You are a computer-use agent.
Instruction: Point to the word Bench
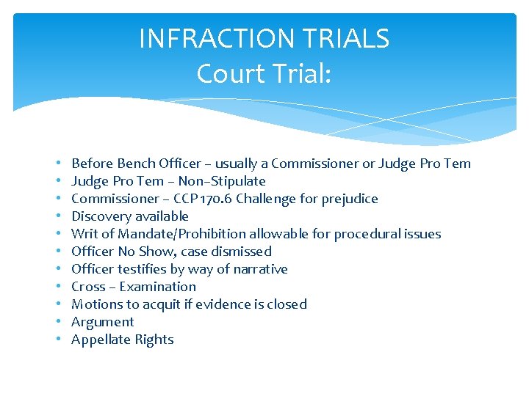pos(137,164)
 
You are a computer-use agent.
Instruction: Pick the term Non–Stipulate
pos(223,181)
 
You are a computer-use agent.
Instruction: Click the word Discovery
pos(100,216)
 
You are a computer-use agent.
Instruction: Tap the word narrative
pos(258,269)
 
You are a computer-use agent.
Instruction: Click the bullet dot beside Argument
pos(57,322)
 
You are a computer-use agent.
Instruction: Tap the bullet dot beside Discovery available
pos(57,216)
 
